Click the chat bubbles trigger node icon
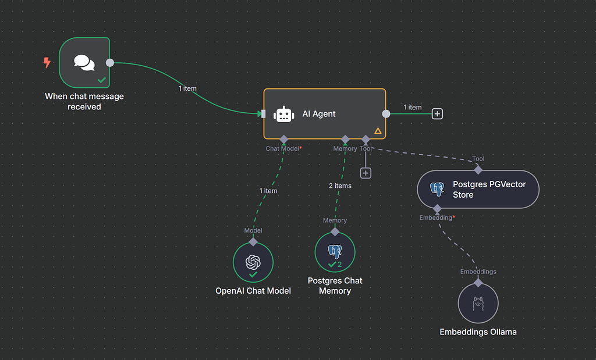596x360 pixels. click(x=84, y=62)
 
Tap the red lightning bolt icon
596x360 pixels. click(x=47, y=62)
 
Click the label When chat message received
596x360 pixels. click(x=84, y=101)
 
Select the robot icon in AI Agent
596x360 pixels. click(x=283, y=114)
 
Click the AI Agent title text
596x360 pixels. click(x=319, y=114)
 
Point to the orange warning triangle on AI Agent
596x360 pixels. click(x=378, y=131)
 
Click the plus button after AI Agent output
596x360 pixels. click(x=437, y=114)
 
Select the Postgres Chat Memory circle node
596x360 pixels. click(x=335, y=253)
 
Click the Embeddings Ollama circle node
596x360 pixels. click(x=478, y=303)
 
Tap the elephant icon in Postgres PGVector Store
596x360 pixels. click(x=437, y=189)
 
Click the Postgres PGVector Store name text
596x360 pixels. click(x=489, y=189)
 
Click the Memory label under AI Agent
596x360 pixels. click(x=345, y=149)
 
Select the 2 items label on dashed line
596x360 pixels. click(x=339, y=186)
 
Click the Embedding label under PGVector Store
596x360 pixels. click(x=436, y=218)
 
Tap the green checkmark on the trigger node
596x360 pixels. click(x=102, y=80)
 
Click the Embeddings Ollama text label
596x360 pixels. click(x=478, y=332)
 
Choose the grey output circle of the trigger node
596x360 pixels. click(x=109, y=63)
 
